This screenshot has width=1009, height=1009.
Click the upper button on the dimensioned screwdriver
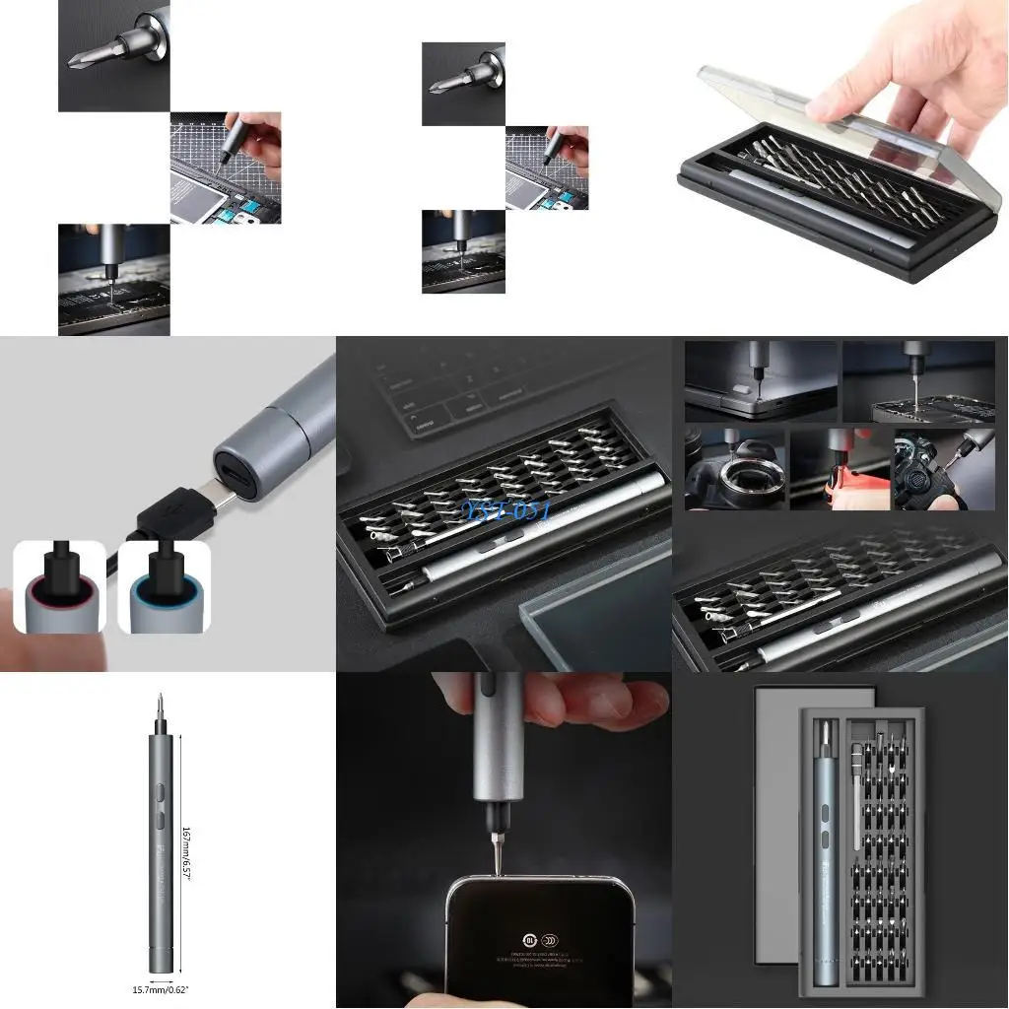(160, 790)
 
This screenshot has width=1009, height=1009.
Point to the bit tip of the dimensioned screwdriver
(162, 702)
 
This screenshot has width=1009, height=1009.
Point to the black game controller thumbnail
(929, 471)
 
